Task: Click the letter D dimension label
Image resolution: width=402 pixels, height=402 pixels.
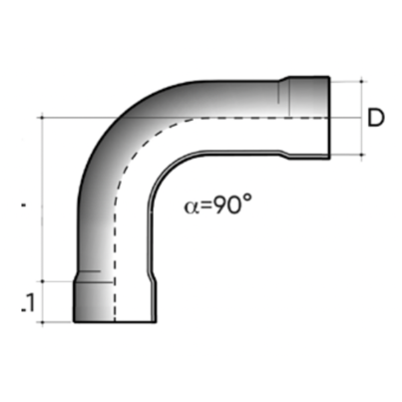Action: [374, 118]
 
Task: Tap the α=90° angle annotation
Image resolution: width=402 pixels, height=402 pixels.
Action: [218, 206]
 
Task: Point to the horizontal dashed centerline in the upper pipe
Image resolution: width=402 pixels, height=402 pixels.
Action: [249, 118]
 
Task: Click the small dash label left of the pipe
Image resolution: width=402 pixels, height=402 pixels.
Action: [23, 206]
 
